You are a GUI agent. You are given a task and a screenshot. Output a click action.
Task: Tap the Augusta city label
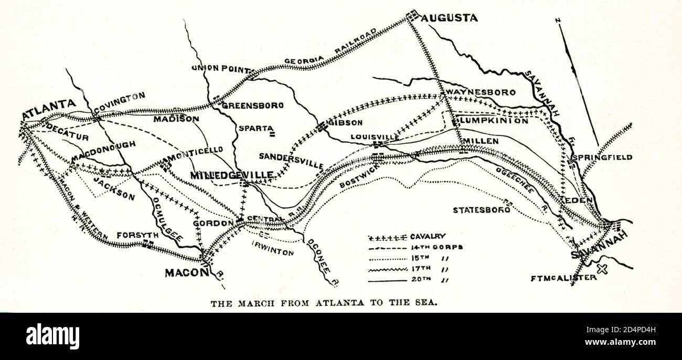pos(450,18)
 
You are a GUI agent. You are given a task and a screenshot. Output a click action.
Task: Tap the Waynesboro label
pos(481,92)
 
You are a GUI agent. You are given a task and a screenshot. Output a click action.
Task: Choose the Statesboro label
pos(481,210)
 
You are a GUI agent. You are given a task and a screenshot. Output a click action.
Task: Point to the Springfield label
pos(602,157)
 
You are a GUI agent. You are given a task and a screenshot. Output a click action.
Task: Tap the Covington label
pos(119,98)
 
